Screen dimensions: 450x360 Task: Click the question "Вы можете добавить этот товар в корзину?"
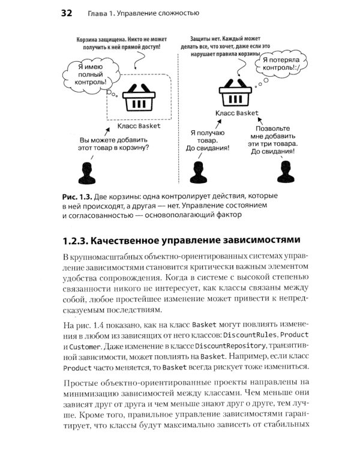tap(115, 141)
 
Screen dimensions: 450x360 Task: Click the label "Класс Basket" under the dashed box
tap(139, 127)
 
